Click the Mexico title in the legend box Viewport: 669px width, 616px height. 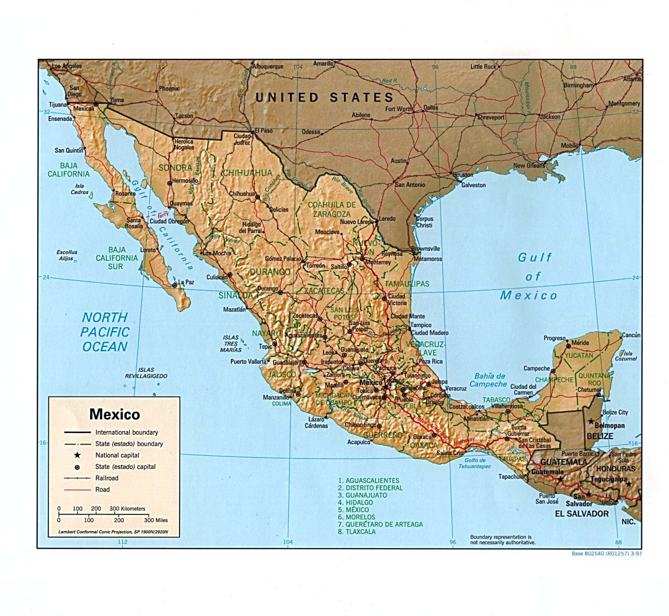point(115,415)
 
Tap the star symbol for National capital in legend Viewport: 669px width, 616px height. point(77,455)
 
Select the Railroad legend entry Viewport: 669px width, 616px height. point(107,478)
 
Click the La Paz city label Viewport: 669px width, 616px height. point(186,282)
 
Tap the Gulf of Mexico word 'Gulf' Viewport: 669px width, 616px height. point(535,258)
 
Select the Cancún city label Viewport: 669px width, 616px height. point(631,335)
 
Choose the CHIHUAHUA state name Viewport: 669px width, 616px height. point(247,173)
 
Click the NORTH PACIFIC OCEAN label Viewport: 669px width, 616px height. point(105,332)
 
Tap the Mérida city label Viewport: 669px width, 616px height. point(580,343)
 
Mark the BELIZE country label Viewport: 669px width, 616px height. point(600,436)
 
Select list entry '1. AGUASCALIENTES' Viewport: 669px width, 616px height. point(368,480)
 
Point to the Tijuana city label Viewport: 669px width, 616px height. point(58,105)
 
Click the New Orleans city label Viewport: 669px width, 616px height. point(529,165)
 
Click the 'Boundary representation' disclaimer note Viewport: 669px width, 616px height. point(503,540)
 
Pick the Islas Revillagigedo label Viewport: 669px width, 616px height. point(146,373)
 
